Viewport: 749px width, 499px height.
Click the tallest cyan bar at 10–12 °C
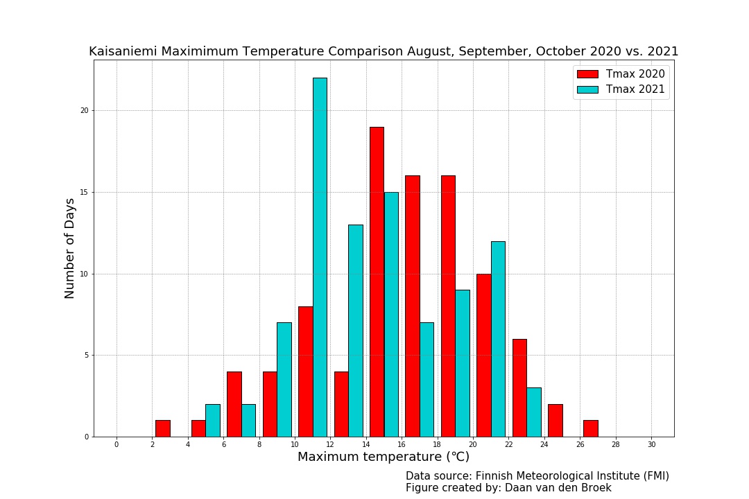click(320, 257)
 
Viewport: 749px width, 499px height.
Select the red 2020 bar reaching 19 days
click(377, 281)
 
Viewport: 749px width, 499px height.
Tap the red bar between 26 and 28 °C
click(590, 428)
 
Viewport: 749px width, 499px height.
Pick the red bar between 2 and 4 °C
click(162, 428)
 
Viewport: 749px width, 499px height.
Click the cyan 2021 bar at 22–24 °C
click(533, 412)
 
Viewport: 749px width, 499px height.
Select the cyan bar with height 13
click(355, 331)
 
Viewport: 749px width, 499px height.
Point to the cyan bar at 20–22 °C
click(498, 339)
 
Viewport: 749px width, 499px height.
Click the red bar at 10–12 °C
click(305, 371)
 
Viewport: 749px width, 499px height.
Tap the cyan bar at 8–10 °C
click(284, 380)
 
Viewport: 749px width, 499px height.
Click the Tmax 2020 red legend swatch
click(587, 74)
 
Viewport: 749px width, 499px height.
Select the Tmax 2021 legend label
click(635, 89)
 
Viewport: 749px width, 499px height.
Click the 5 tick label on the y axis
click(87, 356)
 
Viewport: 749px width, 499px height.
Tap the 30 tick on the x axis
click(651, 444)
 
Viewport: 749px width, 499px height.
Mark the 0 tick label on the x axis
click(117, 444)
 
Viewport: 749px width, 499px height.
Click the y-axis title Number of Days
click(69, 248)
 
